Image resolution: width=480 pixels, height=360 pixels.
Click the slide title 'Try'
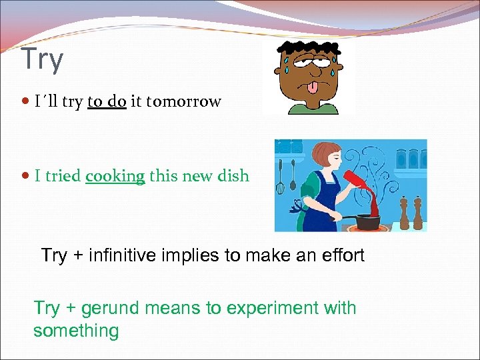42,59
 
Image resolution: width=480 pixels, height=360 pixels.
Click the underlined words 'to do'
107,102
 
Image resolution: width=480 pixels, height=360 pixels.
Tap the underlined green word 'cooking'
115,177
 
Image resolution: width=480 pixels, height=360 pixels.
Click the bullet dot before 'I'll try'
25,103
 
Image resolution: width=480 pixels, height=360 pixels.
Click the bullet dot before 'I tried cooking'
25,177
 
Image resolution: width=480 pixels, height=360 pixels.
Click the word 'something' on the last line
76,331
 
